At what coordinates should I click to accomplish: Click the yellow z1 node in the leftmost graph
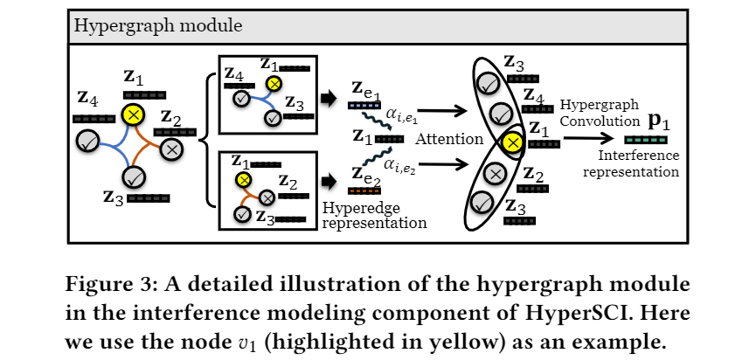[133, 114]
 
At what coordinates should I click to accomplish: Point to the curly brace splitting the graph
[206, 140]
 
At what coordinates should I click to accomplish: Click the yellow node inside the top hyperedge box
[274, 84]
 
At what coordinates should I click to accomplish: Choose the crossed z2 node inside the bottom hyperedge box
[267, 197]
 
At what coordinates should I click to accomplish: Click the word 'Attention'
[449, 139]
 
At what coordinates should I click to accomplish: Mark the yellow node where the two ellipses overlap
[513, 142]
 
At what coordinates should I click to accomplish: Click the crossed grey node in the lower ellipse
[496, 174]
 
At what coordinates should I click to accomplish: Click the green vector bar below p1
[648, 140]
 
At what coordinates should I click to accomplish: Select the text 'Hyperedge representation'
[374, 215]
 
